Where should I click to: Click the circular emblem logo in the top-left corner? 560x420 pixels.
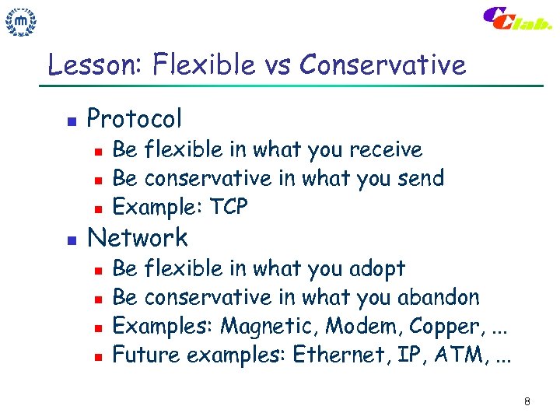tap(22, 23)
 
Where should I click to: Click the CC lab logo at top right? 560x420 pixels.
tap(518, 20)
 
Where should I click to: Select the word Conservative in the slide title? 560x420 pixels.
tap(382, 65)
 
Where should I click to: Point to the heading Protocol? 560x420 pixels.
tap(135, 119)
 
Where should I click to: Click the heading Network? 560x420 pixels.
tap(138, 237)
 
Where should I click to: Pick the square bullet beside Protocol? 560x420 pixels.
tap(69, 121)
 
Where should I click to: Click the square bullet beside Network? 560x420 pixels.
tap(69, 240)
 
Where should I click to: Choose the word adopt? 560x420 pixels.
tap(376, 268)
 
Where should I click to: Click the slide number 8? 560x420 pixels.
tap(527, 401)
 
